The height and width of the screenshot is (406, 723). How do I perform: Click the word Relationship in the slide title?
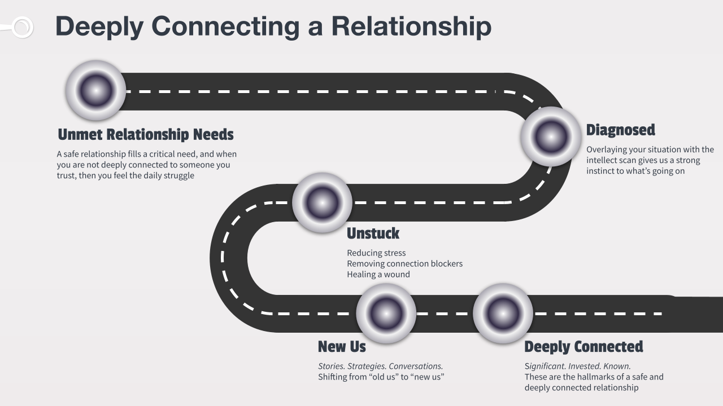tap(411, 27)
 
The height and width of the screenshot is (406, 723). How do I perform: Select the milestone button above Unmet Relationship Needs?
tap(95, 90)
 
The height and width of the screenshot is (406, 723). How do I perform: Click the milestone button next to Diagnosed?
tap(551, 136)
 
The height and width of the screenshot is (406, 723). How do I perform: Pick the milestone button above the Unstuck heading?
tap(322, 202)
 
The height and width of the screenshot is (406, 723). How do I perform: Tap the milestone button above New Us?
tap(386, 314)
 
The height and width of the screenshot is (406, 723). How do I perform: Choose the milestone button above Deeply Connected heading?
tap(503, 314)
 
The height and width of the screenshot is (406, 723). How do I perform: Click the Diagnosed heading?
tap(620, 130)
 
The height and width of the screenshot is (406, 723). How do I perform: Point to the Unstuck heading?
tap(373, 233)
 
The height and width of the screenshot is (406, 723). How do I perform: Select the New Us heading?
tap(342, 346)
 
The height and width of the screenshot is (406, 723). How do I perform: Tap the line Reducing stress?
tap(376, 253)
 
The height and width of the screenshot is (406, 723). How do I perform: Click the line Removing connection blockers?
tap(404, 264)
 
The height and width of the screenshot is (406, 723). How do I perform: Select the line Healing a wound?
tap(378, 275)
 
